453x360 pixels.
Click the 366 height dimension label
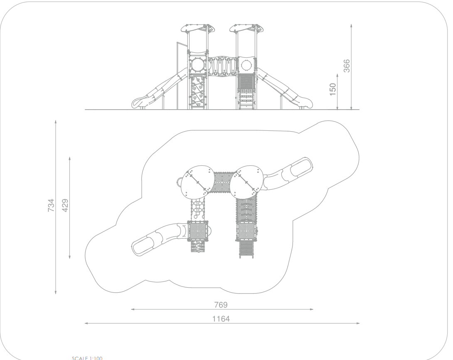click(346, 66)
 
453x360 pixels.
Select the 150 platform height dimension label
click(333, 89)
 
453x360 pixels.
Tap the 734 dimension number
click(51, 205)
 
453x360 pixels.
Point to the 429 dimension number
click(65, 205)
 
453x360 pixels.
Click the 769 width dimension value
click(221, 305)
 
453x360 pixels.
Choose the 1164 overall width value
click(221, 319)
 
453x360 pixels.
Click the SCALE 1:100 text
click(87, 358)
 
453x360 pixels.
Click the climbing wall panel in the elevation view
click(198, 91)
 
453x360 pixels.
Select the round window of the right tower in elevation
click(246, 65)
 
